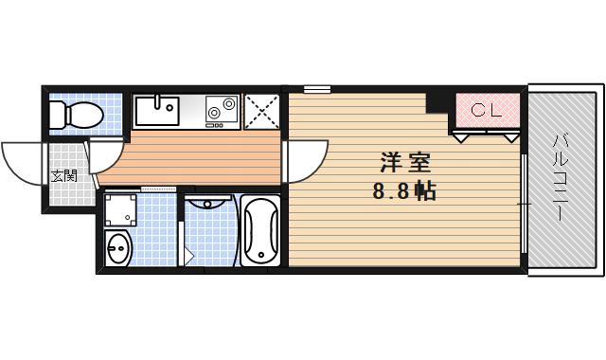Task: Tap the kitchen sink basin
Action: [x=156, y=113]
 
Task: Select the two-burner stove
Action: [x=222, y=111]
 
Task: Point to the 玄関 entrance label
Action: [x=63, y=175]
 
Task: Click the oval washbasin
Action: [x=118, y=250]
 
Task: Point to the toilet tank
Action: [x=56, y=115]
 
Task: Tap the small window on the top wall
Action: [x=316, y=89]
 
